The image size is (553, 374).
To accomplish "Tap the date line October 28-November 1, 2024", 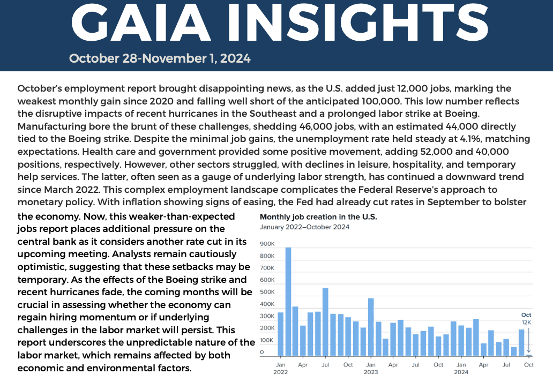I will pos(160,58).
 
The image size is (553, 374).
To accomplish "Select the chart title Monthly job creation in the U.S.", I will pos(318,217).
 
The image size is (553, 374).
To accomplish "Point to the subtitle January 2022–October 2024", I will pos(304,227).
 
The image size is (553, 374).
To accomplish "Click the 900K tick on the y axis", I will pos(267,244).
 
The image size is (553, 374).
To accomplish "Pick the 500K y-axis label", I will pos(267,293).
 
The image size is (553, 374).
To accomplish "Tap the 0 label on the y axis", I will pos(262,353).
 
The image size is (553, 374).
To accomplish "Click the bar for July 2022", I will pos(325,321).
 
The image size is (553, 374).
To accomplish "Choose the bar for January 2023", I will pos(371,327).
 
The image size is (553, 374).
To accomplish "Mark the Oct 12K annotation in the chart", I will pos(527,318).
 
